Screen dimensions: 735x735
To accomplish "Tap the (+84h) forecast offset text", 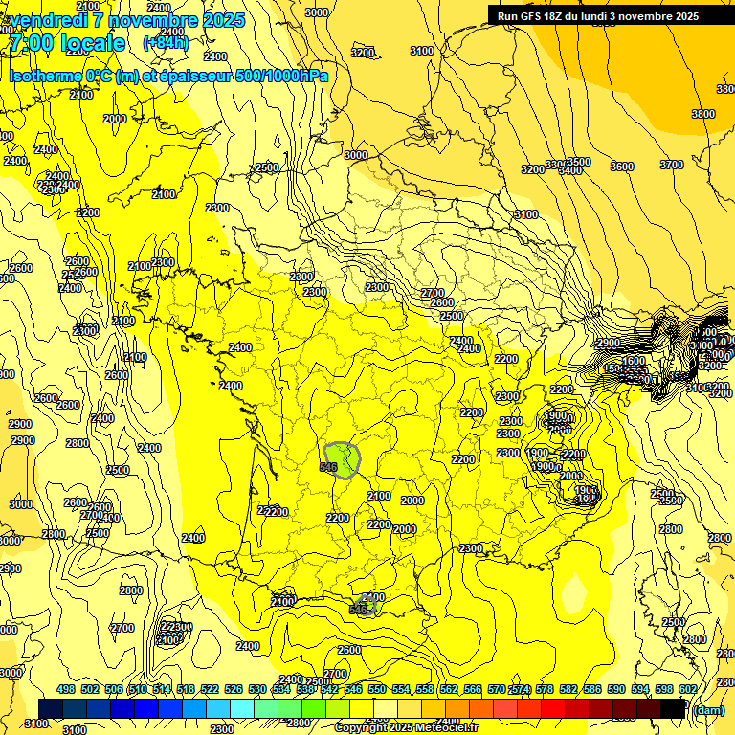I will coord(165,42).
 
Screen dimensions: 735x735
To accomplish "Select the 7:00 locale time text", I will coord(66,43).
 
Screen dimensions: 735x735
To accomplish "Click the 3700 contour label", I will coord(672,165).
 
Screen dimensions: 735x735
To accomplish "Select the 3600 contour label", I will coord(622,167).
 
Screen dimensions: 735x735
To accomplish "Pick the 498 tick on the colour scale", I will coord(66,689).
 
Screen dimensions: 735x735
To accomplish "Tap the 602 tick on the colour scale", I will coord(687,689).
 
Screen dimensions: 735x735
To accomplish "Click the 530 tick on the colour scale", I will coord(257,689).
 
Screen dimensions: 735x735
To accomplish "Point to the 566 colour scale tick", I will coord(472,689).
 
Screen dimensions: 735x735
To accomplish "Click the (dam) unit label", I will coord(708,710).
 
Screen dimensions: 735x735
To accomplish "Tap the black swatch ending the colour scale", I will coord(674,708).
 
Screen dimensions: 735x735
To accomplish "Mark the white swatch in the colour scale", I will coord(387,708).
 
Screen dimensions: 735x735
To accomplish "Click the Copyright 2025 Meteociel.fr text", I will coord(406,727).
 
